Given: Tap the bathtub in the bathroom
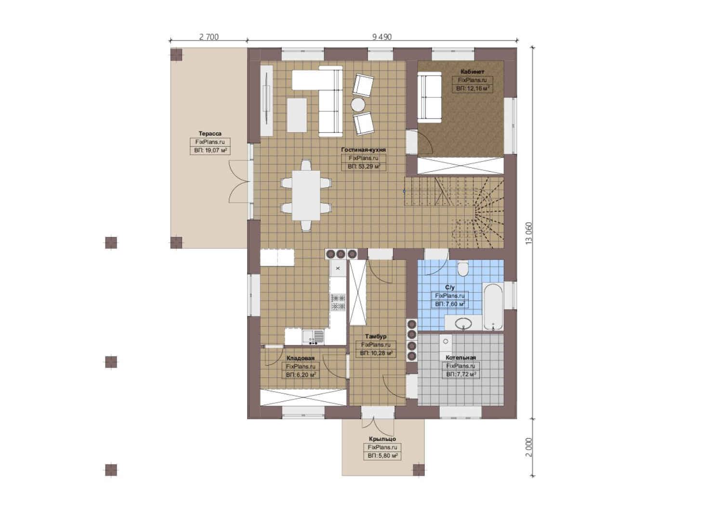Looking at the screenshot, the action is point(493,306).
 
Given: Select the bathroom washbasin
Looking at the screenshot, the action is point(463,324).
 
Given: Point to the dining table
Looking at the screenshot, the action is point(306,195).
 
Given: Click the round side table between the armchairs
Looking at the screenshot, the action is point(358,105).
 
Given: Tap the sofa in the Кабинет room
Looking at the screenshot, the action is point(430,97).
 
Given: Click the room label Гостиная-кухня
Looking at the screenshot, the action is point(363,150).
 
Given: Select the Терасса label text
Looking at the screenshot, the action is point(210,133).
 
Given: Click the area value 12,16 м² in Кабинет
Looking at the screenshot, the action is point(472,88).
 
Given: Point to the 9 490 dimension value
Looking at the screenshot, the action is point(382,37).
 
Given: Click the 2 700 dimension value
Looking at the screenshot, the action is point(209,37).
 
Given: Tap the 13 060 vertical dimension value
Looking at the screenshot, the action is point(529,233).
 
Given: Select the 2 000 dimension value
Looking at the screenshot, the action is point(529,447).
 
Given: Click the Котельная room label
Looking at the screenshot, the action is point(460,357).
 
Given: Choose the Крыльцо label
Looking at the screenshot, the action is point(382,439).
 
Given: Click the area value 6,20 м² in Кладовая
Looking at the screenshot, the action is point(301,375).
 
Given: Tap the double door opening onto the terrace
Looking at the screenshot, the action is point(239,181).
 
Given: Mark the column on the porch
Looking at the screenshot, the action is point(419,469).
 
